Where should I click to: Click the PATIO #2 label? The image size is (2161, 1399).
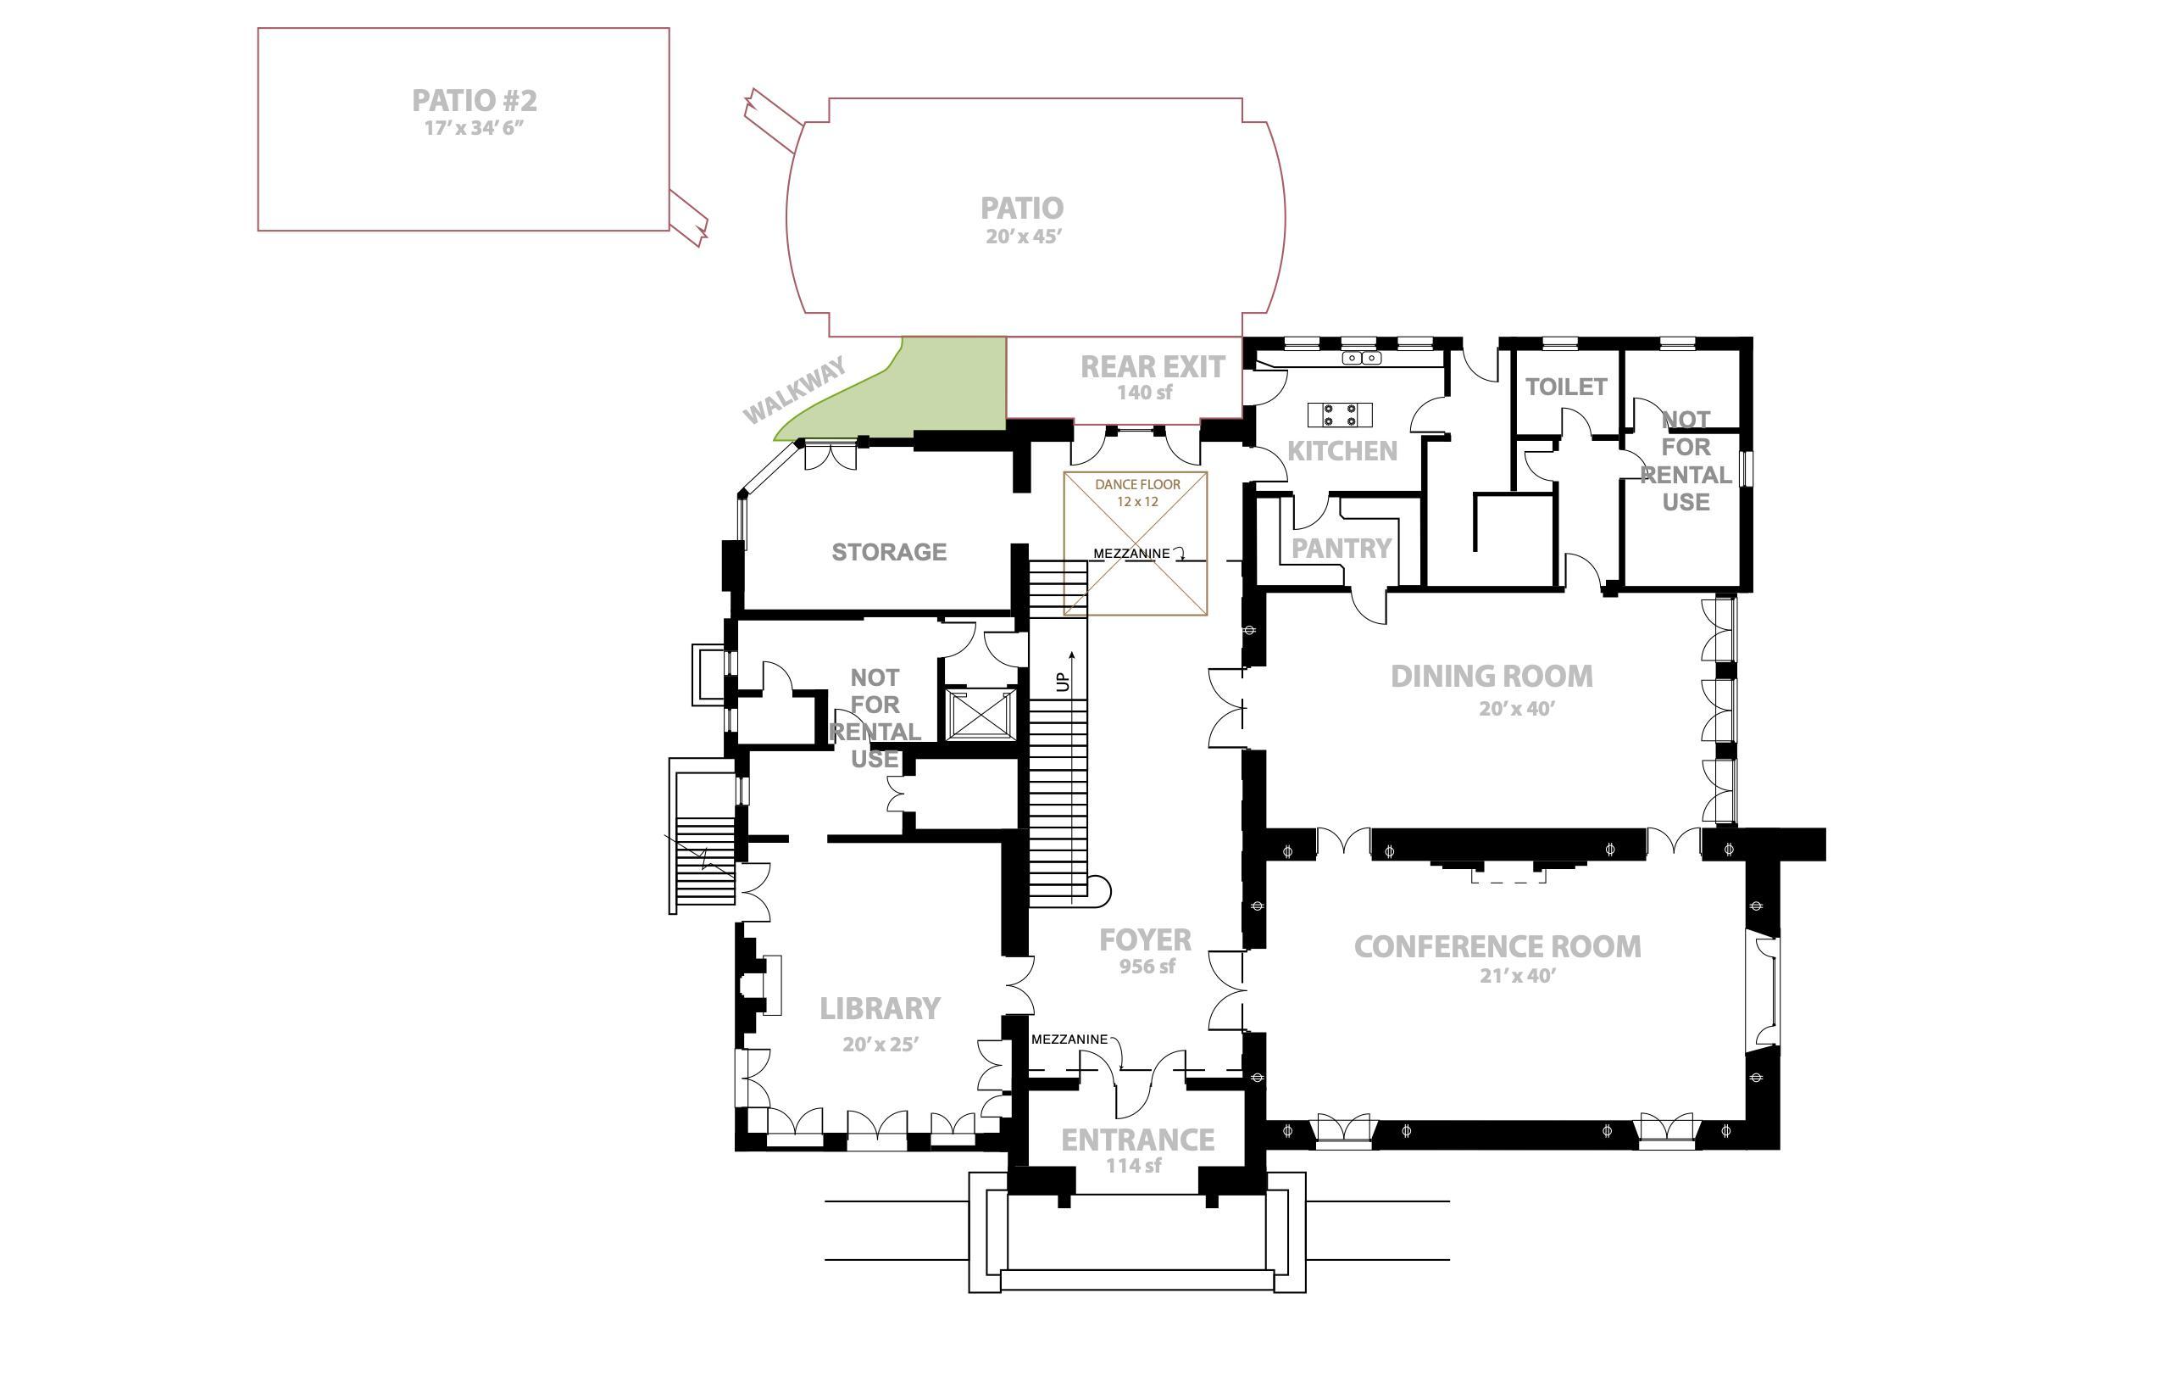(475, 100)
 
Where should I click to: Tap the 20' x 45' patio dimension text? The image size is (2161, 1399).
(1025, 237)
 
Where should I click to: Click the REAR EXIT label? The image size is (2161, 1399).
(1153, 367)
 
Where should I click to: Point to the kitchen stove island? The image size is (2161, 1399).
(1339, 415)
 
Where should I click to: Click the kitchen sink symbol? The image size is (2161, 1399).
(1361, 358)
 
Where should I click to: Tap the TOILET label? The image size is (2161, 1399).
(1566, 387)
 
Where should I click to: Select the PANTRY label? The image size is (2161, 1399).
(1341, 548)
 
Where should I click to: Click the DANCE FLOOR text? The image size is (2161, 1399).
(1137, 484)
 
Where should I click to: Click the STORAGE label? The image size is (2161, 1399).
(889, 551)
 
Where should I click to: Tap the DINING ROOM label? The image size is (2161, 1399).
(1492, 676)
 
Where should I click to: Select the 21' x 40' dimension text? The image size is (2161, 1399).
(1517, 976)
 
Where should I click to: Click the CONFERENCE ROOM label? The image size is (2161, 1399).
(1497, 946)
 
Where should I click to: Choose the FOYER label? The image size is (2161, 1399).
(1145, 939)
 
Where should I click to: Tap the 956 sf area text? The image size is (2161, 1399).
(1147, 967)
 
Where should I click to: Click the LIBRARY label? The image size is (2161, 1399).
(880, 1008)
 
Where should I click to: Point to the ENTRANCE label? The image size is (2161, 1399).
(1137, 1140)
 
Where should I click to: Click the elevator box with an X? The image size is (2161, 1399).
(980, 714)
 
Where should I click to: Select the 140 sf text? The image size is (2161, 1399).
(1144, 393)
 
